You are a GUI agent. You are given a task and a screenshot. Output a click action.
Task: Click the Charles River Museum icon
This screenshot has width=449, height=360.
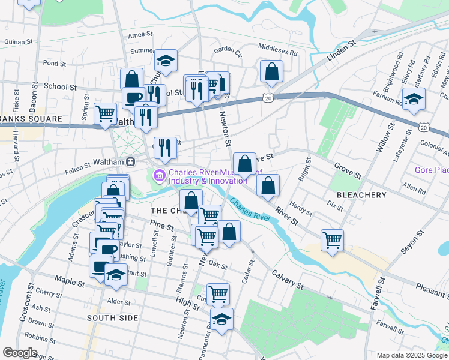(159, 176)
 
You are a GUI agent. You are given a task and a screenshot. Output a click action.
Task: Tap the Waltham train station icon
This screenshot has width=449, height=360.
(130, 162)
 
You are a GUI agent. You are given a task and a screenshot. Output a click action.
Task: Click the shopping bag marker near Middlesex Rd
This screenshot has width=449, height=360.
(272, 71)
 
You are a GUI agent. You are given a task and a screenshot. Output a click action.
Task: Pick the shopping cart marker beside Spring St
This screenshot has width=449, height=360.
(106, 113)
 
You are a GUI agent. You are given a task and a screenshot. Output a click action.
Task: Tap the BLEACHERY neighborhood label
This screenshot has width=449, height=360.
(361, 195)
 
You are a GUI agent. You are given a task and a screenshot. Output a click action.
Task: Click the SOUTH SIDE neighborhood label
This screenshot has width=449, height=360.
(112, 317)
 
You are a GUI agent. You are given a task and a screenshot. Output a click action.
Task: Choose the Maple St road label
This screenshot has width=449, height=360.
(67, 279)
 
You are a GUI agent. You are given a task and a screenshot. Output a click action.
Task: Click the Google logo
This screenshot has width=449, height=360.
(20, 353)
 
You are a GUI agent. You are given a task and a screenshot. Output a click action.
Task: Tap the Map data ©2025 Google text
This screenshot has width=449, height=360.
(412, 355)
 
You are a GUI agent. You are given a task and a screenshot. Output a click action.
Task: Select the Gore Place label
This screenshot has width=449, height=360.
(431, 170)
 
